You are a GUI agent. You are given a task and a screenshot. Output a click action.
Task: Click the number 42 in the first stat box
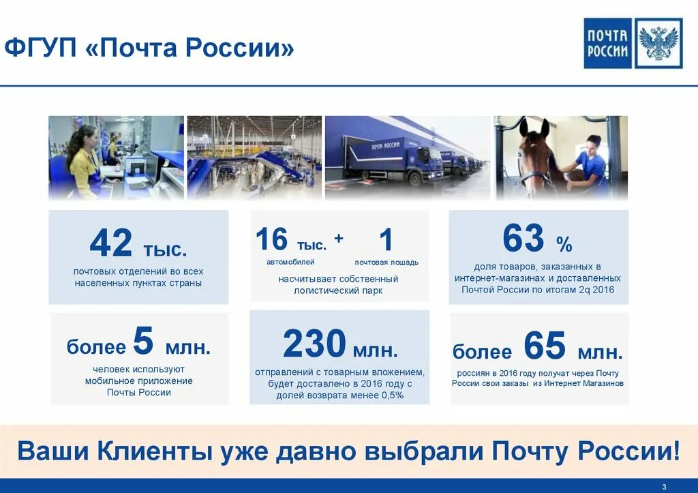(111, 243)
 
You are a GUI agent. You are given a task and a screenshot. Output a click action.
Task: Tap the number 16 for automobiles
(271, 240)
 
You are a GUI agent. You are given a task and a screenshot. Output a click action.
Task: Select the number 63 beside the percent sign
(523, 239)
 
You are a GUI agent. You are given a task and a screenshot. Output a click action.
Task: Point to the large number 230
(314, 344)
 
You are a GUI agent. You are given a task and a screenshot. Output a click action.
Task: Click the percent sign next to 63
(564, 244)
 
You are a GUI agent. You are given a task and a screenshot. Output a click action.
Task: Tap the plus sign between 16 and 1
(339, 238)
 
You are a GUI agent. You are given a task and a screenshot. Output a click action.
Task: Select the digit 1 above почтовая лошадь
(386, 240)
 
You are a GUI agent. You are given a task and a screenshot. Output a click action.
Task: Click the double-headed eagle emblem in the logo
(658, 44)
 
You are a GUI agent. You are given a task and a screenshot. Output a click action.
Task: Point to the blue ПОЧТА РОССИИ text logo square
(608, 44)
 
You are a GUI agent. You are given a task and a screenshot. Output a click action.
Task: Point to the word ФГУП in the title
(42, 48)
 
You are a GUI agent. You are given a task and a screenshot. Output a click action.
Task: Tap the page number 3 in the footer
(664, 486)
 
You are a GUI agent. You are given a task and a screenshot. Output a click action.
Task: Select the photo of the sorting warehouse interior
(254, 158)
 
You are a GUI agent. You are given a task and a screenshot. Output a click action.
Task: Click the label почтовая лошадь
(386, 262)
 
